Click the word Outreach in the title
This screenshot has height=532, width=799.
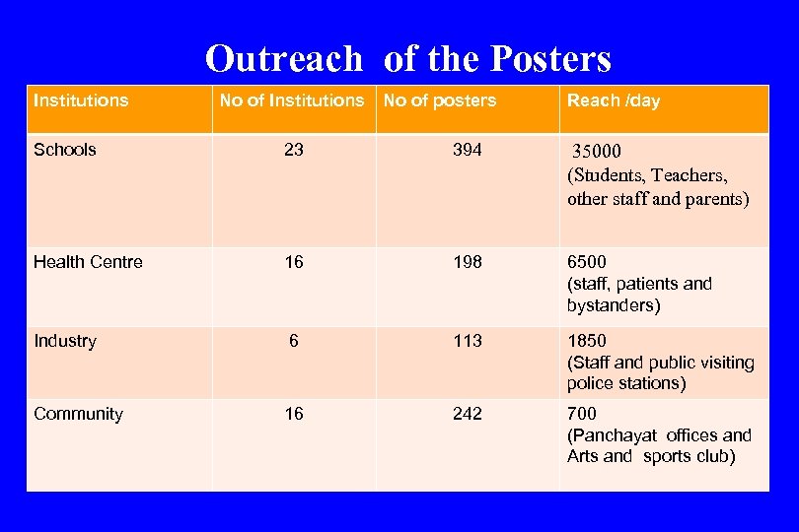pyautogui.click(x=284, y=59)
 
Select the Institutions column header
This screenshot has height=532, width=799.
pyautogui.click(x=81, y=100)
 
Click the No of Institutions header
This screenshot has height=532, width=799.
pyautogui.click(x=292, y=100)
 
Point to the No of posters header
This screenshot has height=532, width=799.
pyautogui.click(x=440, y=100)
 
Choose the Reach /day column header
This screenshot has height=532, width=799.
pyautogui.click(x=614, y=100)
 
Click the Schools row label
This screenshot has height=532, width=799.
pyautogui.click(x=65, y=150)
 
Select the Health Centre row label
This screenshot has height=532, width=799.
pyautogui.click(x=88, y=262)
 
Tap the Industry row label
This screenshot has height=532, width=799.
pyautogui.click(x=65, y=341)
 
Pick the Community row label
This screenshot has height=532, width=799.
pyautogui.click(x=78, y=414)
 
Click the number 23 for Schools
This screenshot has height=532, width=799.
pyautogui.click(x=294, y=150)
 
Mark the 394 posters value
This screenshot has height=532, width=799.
pyautogui.click(x=468, y=150)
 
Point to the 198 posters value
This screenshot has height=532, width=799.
pyautogui.click(x=468, y=262)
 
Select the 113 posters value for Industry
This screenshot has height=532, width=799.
pyautogui.click(x=468, y=341)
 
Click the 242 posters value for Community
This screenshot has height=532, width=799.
pyautogui.click(x=468, y=414)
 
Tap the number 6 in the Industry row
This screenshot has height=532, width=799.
pyautogui.click(x=294, y=341)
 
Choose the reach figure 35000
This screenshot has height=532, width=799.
pyautogui.click(x=598, y=152)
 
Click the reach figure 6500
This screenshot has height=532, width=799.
pyautogui.click(x=587, y=262)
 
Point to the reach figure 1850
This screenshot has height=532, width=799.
pyautogui.click(x=587, y=341)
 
